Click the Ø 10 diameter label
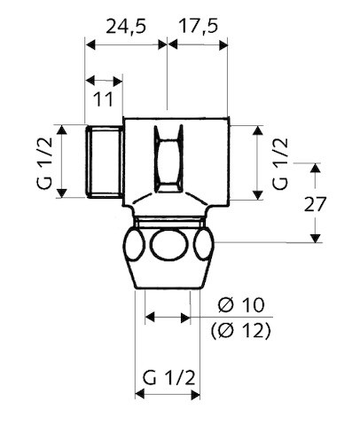[240, 306]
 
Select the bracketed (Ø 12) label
[240, 332]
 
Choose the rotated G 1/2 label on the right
[280, 162]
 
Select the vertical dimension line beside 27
[315, 202]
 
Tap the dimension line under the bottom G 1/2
[167, 401]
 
